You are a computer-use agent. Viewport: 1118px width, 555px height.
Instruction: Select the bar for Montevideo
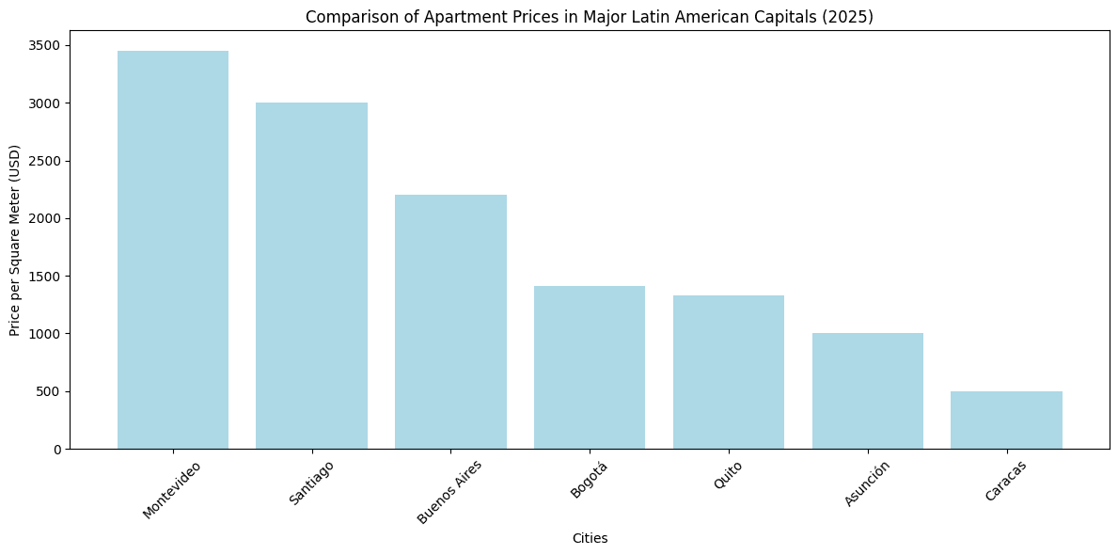click(x=173, y=249)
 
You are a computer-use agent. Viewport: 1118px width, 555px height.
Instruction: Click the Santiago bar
click(x=311, y=276)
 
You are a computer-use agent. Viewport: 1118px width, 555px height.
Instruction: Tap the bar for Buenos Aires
click(x=450, y=322)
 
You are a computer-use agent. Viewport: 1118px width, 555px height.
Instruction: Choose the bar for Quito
click(x=729, y=372)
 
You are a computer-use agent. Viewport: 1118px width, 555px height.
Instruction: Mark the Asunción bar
click(x=867, y=390)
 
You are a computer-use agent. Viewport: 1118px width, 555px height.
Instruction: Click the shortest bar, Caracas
click(x=1006, y=420)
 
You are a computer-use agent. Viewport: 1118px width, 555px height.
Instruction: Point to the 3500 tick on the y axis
click(x=45, y=45)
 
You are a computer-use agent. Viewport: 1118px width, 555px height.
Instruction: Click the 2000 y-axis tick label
click(x=45, y=218)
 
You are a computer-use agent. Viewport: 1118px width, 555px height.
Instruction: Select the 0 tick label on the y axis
click(x=56, y=449)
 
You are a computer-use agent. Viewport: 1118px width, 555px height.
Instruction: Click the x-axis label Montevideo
click(x=172, y=488)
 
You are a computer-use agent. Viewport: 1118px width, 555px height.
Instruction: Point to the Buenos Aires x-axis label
click(x=449, y=491)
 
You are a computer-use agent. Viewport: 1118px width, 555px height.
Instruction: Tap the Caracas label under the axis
click(x=1005, y=480)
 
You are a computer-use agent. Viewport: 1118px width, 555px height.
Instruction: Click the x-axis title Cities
click(x=590, y=539)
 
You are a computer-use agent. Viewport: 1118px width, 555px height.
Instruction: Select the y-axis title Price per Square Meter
click(x=15, y=240)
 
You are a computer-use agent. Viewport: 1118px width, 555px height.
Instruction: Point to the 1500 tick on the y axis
click(x=45, y=277)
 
